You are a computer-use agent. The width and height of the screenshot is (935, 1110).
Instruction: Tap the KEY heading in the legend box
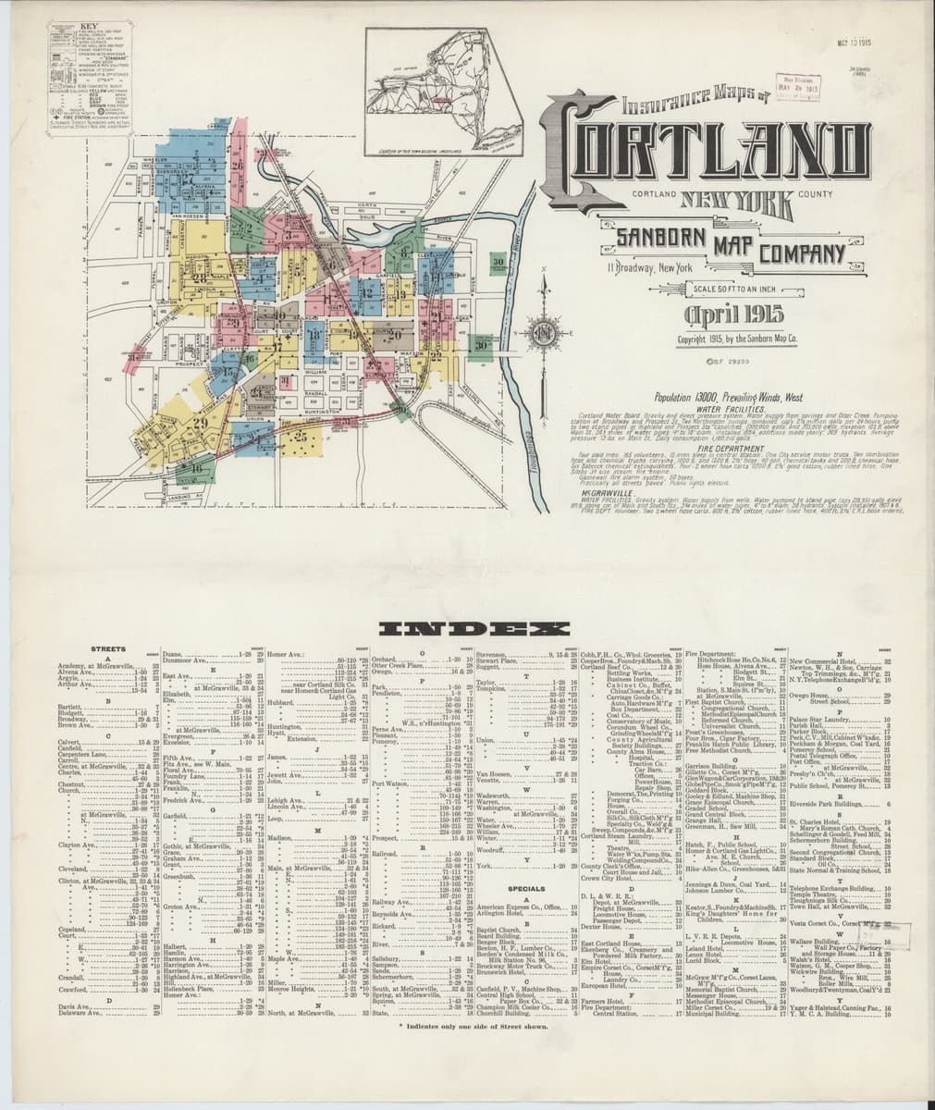(62, 29)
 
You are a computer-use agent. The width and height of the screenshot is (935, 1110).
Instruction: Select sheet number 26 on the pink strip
(238, 166)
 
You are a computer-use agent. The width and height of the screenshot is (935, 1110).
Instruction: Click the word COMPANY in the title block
(802, 252)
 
